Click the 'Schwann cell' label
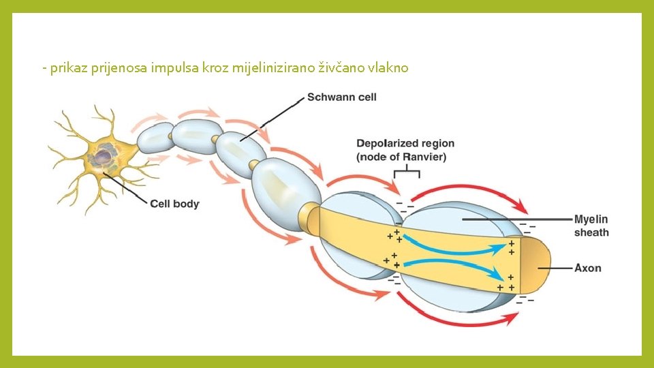point(341,97)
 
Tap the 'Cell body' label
point(174,203)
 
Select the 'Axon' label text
point(587,268)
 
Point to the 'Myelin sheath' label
point(591,226)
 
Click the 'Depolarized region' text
point(405,143)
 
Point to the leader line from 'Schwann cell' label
point(272,119)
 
